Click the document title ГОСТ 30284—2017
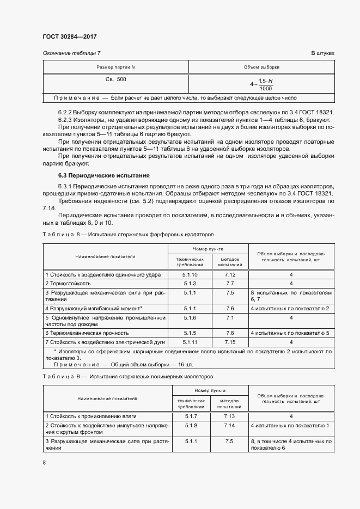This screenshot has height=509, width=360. pyautogui.click(x=69, y=37)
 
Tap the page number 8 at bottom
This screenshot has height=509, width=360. pyautogui.click(x=44, y=462)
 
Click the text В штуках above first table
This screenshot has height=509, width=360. pyautogui.click(x=322, y=53)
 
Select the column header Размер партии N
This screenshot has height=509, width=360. pyautogui.click(x=115, y=67)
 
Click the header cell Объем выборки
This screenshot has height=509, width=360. pyautogui.click(x=261, y=67)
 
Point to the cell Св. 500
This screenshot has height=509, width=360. pyautogui.click(x=115, y=79)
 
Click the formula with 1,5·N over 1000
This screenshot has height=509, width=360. pyautogui.click(x=262, y=84)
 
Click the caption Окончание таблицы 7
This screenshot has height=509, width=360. pyautogui.click(x=71, y=53)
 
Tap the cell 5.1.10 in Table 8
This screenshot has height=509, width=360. pyautogui.click(x=190, y=275)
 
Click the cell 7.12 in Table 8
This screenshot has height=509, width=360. pyautogui.click(x=229, y=275)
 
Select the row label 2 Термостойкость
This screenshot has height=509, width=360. pyautogui.click(x=68, y=284)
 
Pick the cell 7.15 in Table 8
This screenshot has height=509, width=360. pyautogui.click(x=229, y=342)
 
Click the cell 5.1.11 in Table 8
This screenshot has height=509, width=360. pyautogui.click(x=190, y=342)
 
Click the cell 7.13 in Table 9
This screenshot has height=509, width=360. pyautogui.click(x=229, y=416)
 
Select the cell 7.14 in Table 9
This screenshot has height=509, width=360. pyautogui.click(x=229, y=425)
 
